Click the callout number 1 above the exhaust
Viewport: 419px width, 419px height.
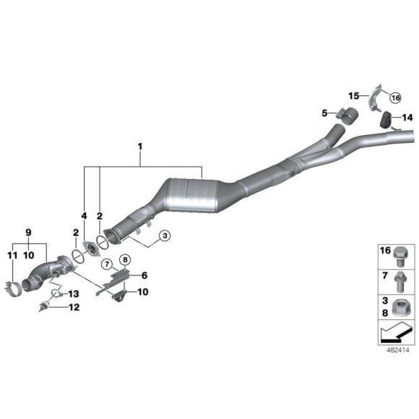(140, 147)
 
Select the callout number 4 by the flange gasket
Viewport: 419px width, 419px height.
(84, 215)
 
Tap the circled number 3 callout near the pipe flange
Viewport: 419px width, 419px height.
(164, 236)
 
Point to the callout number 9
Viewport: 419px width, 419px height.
(28, 232)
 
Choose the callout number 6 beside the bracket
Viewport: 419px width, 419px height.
(144, 275)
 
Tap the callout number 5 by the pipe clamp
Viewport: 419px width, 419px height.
(325, 113)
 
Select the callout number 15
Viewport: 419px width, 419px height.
(354, 95)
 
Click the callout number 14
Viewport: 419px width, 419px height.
(407, 116)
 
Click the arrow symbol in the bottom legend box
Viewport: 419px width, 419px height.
(395, 334)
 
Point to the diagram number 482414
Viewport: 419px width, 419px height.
(396, 350)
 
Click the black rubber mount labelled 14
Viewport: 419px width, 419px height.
(386, 119)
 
